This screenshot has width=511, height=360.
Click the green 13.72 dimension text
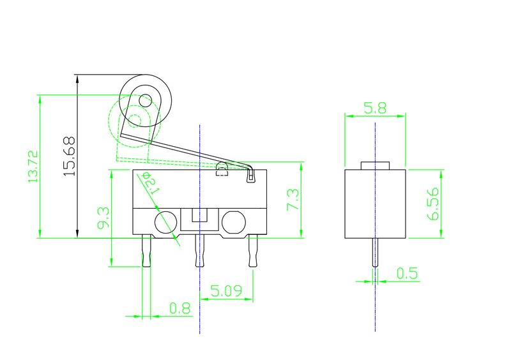[x=33, y=167]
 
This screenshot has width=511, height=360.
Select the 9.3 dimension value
[x=103, y=218]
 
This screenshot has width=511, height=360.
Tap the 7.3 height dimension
[x=293, y=200]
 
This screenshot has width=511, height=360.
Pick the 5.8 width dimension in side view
[x=375, y=108]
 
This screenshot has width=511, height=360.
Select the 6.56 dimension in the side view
[x=434, y=204]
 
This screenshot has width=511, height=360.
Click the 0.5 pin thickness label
[x=407, y=274]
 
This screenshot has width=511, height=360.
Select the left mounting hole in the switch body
[x=164, y=221]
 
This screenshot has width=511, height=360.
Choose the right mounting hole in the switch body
[x=233, y=221]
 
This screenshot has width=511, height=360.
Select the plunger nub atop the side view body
[x=375, y=165]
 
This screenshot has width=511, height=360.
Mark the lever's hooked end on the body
[x=250, y=174]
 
